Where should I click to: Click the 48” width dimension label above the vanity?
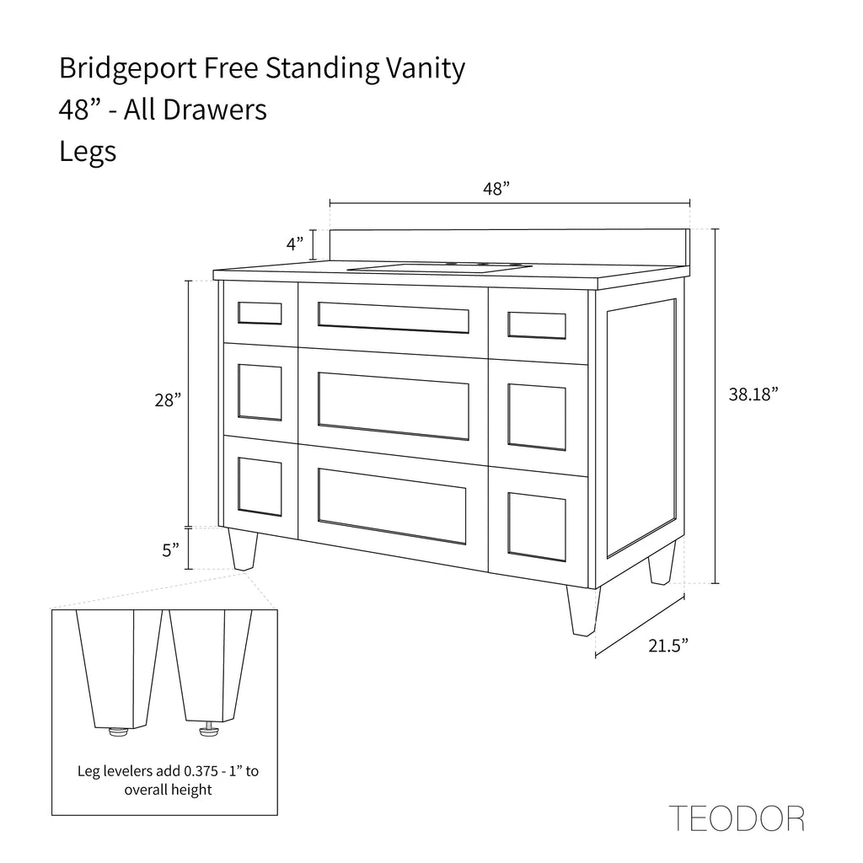(496, 189)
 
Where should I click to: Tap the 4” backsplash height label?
(295, 244)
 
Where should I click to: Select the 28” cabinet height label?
(168, 400)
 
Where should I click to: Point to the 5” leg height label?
(170, 549)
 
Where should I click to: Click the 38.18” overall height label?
(753, 394)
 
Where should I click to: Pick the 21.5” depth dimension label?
(668, 646)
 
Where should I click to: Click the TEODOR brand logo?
(737, 817)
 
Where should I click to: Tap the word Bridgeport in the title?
(128, 69)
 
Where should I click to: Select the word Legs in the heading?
(88, 152)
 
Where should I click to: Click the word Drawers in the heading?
(215, 110)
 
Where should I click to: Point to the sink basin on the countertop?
(440, 268)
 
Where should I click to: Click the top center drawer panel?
(394, 318)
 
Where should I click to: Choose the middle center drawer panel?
(394, 406)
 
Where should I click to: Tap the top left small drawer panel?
(260, 314)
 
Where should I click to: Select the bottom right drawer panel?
(537, 527)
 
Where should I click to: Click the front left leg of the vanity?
(243, 549)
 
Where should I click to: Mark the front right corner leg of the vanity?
(583, 610)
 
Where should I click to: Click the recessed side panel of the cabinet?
(641, 428)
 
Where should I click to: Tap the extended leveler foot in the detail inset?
(208, 728)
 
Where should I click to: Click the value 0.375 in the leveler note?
(201, 770)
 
